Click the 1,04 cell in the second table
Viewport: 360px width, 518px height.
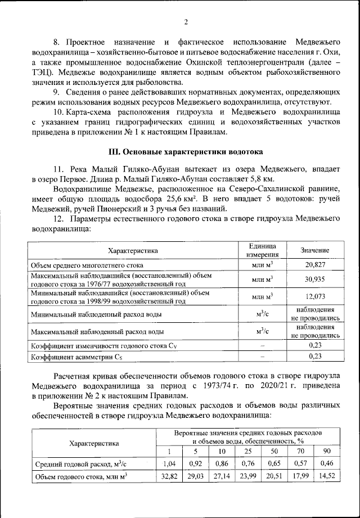[169, 464]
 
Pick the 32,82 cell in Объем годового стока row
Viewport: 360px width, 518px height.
[169, 477]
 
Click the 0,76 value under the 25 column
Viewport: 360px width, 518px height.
[247, 464]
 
